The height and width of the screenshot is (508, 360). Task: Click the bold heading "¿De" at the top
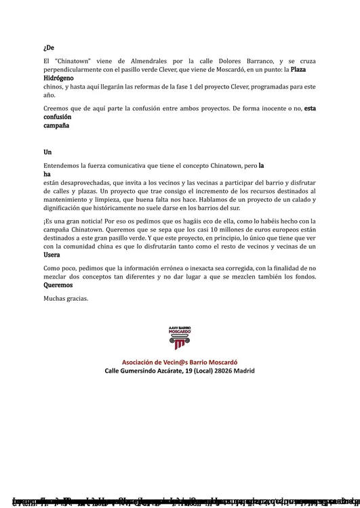click(48, 47)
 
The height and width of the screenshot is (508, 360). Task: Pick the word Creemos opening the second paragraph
click(58, 108)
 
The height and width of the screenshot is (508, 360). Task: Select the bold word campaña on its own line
click(56, 126)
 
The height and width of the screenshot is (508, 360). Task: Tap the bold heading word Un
click(47, 152)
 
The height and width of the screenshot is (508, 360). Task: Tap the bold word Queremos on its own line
click(58, 285)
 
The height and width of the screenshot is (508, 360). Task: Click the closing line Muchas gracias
click(66, 298)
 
